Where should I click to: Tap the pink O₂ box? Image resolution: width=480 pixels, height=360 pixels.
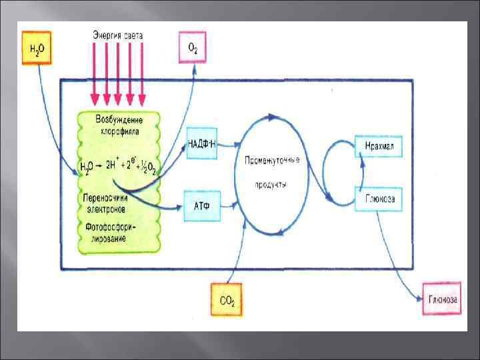click(192, 47)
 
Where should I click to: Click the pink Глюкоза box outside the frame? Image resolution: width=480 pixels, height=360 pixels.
click(441, 299)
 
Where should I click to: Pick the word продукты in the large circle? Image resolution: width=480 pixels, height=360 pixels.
click(271, 185)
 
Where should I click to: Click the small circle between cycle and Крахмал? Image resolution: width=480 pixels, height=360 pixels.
click(338, 171)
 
